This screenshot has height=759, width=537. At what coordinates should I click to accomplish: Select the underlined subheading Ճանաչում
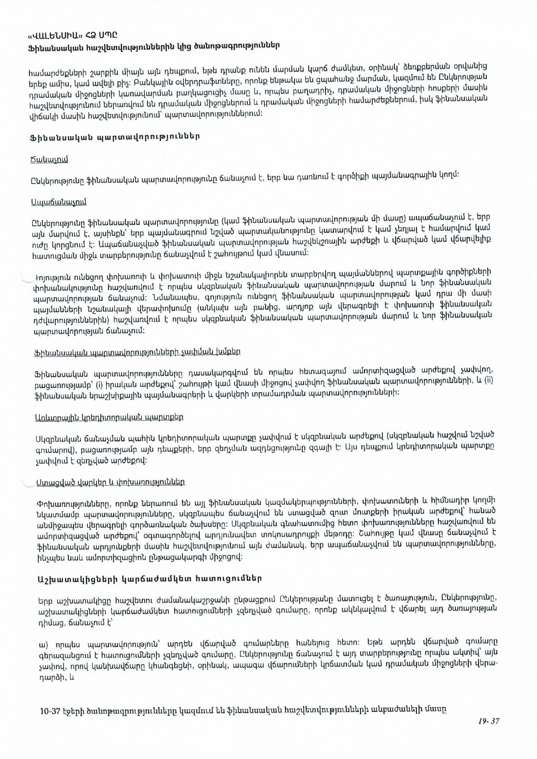click(49, 159)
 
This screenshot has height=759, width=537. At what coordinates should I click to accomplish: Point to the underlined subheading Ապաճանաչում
click(59, 202)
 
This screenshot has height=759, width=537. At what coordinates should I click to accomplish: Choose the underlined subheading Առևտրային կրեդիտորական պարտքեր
click(109, 417)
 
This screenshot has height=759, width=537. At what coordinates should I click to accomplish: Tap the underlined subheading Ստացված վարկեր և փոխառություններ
click(110, 482)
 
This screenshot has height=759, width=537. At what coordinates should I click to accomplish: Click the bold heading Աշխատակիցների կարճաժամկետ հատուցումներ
click(150, 578)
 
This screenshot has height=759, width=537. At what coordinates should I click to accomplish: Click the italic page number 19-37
click(489, 721)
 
